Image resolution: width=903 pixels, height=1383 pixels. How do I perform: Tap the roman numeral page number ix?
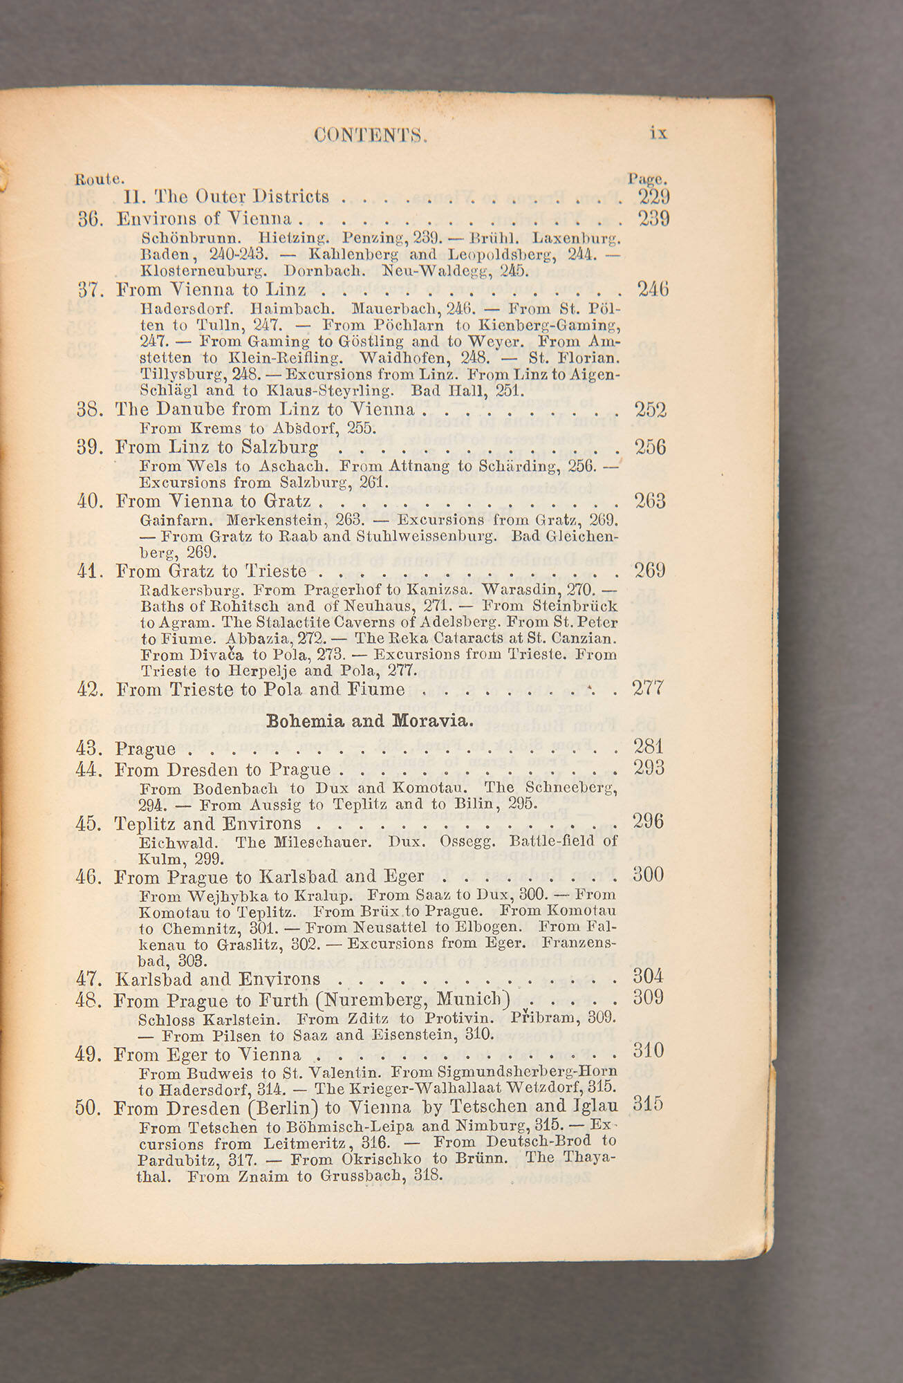coord(658,133)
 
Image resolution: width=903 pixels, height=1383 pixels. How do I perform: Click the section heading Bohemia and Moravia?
coord(370,721)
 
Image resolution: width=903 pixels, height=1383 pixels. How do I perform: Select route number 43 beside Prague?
coord(89,749)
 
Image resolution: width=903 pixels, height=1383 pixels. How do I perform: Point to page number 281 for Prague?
coord(649,747)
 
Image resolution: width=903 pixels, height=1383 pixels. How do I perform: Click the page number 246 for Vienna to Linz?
coord(653,288)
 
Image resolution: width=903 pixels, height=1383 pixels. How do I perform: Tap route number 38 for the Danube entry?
coord(90,410)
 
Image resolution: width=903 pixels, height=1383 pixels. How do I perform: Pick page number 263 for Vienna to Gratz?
coord(650,501)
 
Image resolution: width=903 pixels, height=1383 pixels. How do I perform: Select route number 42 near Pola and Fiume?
coord(89,689)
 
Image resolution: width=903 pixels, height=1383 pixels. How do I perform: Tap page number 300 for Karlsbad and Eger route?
coord(648,875)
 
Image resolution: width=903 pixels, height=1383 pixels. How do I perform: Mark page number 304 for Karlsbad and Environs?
coord(648,976)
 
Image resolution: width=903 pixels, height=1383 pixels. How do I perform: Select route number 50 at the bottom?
coord(88,1108)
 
